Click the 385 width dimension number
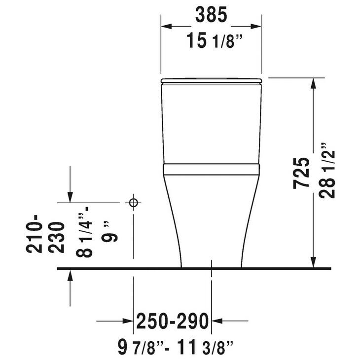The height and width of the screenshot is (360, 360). (x=211, y=15)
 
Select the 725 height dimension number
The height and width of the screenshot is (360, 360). (x=301, y=173)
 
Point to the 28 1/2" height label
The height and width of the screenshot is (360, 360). (x=327, y=171)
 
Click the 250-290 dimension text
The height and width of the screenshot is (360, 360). (x=173, y=321)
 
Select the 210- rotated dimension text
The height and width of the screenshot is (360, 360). (x=34, y=233)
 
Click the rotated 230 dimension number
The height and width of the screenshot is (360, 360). (x=57, y=237)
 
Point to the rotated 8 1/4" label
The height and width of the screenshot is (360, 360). (x=84, y=232)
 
